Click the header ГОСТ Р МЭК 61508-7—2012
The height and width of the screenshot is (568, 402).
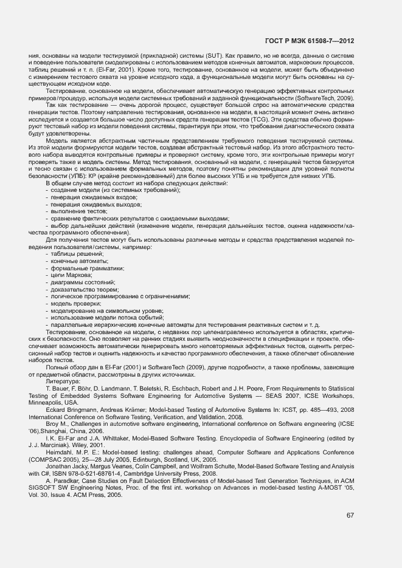pos(310,41)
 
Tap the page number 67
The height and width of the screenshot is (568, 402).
pos(350,516)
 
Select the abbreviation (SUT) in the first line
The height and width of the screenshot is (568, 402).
pos(213,56)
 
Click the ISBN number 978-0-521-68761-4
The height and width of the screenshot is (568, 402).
pos(94,473)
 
